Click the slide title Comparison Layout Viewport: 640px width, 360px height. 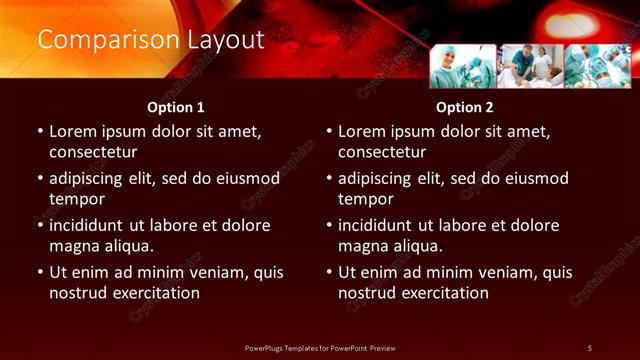[x=151, y=40]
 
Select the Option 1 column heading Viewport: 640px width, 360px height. [x=176, y=107]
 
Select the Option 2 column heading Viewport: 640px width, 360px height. [x=465, y=107]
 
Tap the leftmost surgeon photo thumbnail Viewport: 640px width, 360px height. [x=462, y=66]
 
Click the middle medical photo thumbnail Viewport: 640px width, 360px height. [x=530, y=66]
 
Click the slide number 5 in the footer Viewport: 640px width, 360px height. [x=590, y=347]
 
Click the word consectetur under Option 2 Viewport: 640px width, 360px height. [x=382, y=152]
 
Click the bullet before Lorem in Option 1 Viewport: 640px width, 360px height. [x=39, y=132]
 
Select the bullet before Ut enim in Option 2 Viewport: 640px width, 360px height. [x=328, y=273]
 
